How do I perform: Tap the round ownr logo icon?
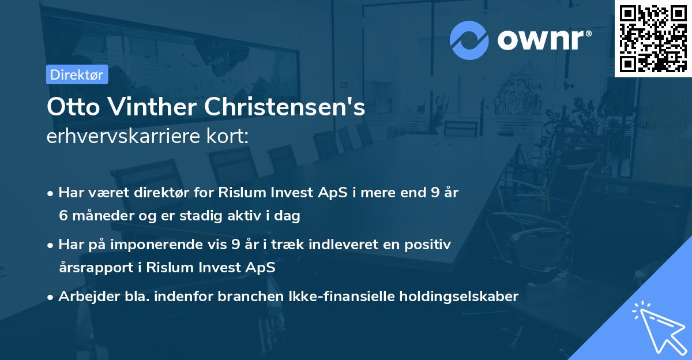pyautogui.click(x=469, y=40)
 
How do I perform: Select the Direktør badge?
pyautogui.click(x=77, y=74)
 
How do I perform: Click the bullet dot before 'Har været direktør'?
pyautogui.click(x=51, y=193)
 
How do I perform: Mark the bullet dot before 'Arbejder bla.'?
pyautogui.click(x=51, y=297)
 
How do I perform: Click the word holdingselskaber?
pyautogui.click(x=453, y=297)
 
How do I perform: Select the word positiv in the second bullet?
pyautogui.click(x=430, y=245)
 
